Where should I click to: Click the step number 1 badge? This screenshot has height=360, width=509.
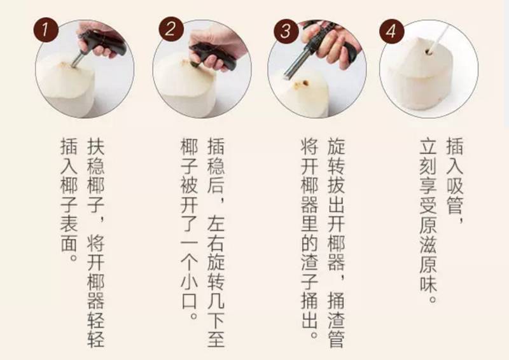[46, 30]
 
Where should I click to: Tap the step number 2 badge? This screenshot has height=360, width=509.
[171, 29]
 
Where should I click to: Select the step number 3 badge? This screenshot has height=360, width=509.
[286, 31]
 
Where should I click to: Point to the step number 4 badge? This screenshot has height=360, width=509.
[392, 32]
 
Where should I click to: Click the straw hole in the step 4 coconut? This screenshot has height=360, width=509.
[429, 52]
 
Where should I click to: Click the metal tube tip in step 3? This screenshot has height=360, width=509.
[288, 76]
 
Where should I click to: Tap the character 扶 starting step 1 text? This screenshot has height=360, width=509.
[96, 147]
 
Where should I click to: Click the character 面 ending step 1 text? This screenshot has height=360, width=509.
[69, 242]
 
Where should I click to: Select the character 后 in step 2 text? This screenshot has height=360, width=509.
[216, 185]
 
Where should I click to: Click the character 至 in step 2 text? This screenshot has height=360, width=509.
[216, 338]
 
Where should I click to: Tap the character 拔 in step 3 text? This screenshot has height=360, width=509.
[336, 185]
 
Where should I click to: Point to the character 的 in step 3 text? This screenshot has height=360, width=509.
[309, 242]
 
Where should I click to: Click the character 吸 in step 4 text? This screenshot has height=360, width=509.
[455, 185]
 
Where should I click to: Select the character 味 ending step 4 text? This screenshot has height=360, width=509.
[428, 281]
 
